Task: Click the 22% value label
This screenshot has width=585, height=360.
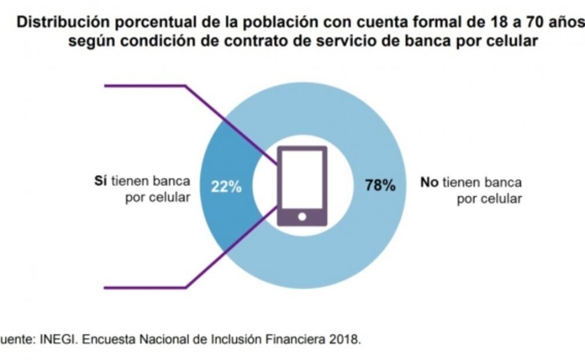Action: (226, 188)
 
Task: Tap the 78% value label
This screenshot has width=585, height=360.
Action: (381, 186)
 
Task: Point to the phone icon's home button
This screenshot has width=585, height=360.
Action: (302, 217)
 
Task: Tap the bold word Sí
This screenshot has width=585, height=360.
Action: (101, 181)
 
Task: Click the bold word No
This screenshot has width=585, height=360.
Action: (429, 182)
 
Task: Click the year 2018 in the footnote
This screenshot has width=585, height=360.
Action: (347, 340)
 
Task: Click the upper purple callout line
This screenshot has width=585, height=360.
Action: (145, 86)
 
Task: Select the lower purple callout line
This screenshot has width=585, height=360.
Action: (145, 287)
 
